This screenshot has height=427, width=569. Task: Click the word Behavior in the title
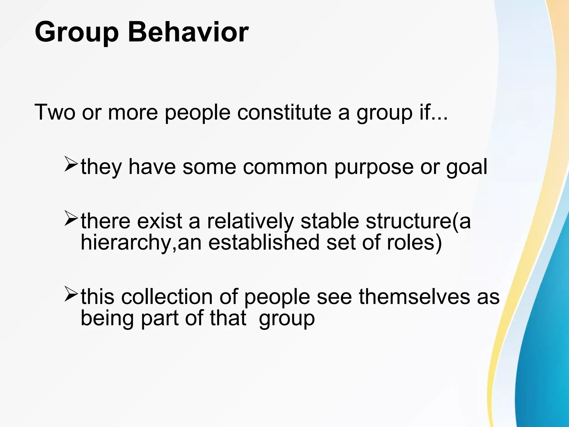click(188, 33)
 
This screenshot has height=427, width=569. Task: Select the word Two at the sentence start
click(55, 112)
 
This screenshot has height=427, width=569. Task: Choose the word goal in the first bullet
click(466, 168)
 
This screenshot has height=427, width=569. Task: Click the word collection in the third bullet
click(167, 297)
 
